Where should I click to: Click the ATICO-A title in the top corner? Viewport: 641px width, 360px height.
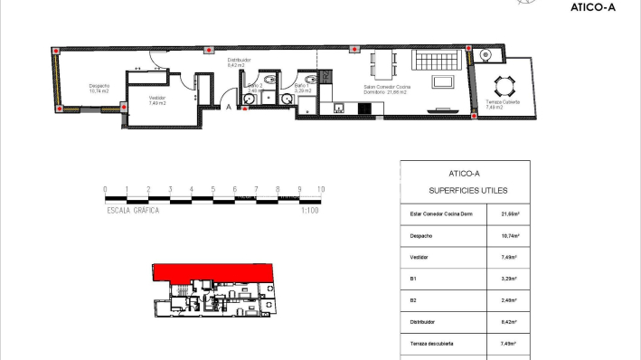593,7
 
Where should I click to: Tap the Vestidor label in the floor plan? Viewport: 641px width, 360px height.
156,99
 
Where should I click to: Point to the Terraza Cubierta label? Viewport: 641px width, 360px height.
502,103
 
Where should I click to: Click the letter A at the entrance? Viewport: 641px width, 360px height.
229,107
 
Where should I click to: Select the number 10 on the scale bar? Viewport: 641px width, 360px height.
320,189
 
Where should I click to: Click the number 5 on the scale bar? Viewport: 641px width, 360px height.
212,189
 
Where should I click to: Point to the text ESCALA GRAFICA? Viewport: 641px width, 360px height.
133,210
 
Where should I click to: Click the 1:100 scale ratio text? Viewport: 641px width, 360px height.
310,210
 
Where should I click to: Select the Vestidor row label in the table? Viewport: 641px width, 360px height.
418,257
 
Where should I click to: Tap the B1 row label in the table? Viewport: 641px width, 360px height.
412,279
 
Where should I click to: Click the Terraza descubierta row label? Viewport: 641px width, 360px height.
430,343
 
